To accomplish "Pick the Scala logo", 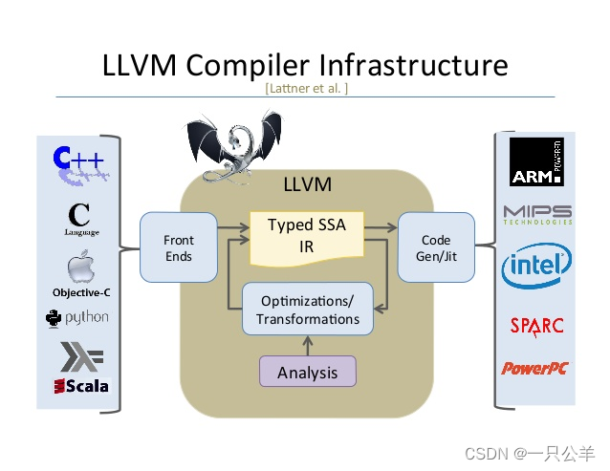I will (x=81, y=386).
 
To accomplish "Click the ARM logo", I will (x=535, y=162).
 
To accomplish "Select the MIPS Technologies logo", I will (x=537, y=214).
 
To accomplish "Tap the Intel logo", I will (x=536, y=266).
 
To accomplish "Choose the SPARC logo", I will (x=536, y=325).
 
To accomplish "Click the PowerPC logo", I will (x=535, y=368).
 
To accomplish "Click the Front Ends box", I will (x=178, y=247).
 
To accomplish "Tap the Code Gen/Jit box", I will (x=436, y=247).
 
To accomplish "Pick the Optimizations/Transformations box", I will (x=307, y=309).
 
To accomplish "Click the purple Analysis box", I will (x=307, y=372).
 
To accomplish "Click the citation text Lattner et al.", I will (x=306, y=89).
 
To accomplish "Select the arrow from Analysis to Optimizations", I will (x=307, y=345).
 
